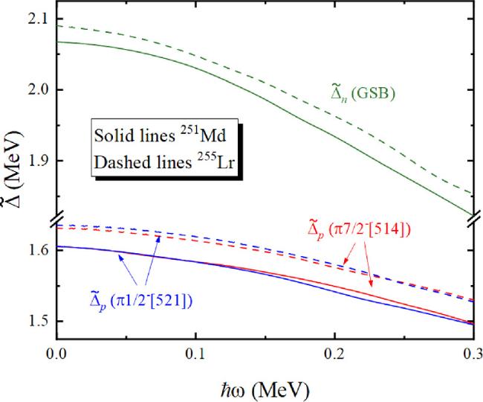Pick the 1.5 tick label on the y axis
(34, 322)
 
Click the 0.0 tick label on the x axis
(56, 353)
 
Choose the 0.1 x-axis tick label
(196, 353)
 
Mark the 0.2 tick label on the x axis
(335, 353)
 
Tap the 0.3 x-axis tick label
(473, 353)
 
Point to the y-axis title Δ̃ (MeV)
(10, 179)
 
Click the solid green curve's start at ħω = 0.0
(58, 42)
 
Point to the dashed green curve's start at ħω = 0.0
(58, 25)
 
